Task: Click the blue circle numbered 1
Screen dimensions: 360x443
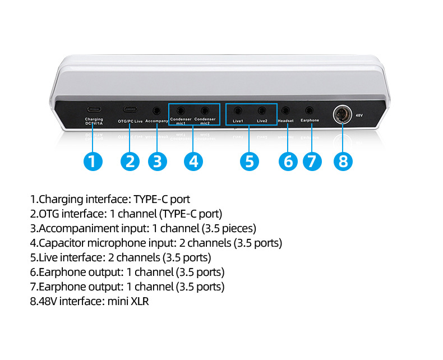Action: tap(93, 161)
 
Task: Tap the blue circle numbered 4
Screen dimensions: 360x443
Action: tap(193, 161)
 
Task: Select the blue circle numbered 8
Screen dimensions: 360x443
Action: tap(343, 161)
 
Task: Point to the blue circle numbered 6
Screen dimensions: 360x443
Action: tap(288, 161)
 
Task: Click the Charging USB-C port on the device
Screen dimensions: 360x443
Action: tap(94, 110)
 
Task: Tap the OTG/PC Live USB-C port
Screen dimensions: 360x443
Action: tap(130, 110)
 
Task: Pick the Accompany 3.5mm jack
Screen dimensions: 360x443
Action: tap(157, 110)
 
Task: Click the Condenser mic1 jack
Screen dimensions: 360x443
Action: tap(181, 110)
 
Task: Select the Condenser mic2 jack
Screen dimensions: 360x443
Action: tap(205, 110)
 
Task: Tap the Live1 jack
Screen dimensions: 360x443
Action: tap(238, 110)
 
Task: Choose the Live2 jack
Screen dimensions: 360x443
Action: tap(262, 110)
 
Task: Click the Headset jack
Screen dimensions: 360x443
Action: tap(286, 110)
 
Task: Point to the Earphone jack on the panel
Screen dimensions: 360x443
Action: tap(309, 110)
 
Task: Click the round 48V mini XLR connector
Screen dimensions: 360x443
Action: tap(342, 114)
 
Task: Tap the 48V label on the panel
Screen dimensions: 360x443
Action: tap(359, 116)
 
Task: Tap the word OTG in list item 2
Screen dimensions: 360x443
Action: tap(49, 214)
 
